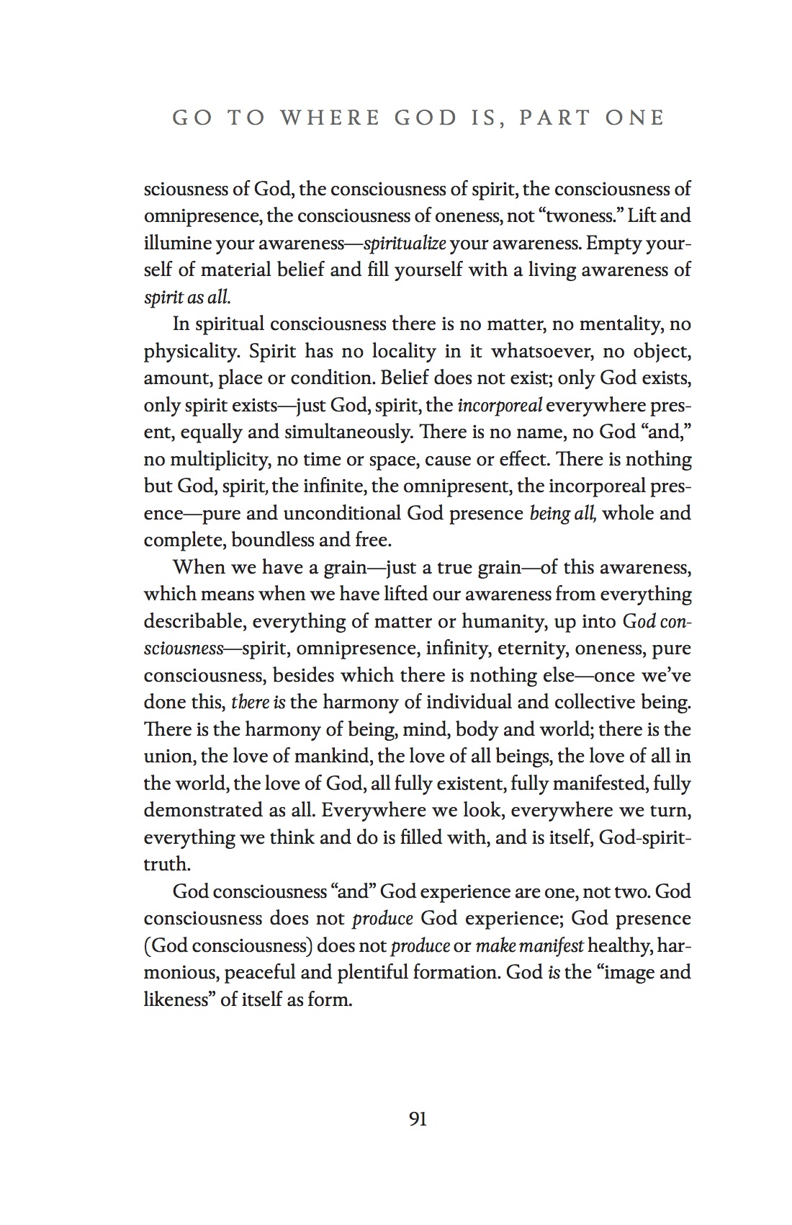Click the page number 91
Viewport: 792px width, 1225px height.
[x=418, y=1119]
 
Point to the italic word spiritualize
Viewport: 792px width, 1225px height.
[x=405, y=244]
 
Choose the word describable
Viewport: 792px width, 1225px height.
[x=192, y=621]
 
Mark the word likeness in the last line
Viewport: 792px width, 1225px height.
[x=176, y=1000]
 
